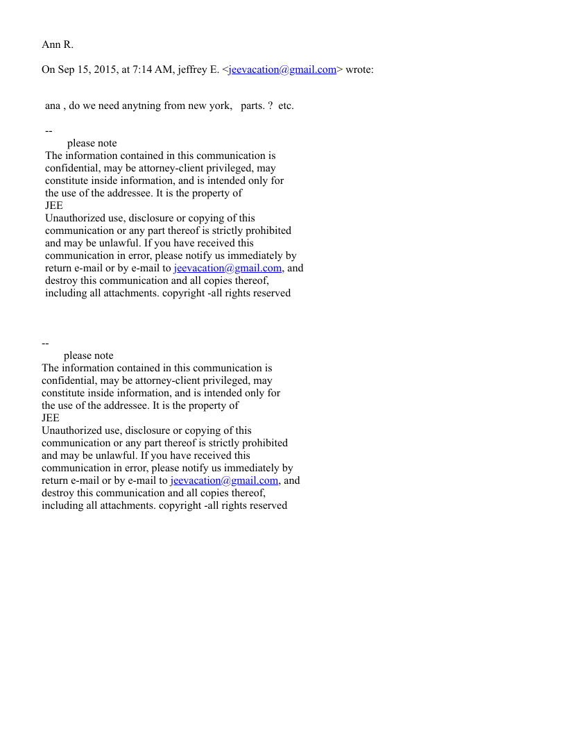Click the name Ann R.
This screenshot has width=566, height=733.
point(58,45)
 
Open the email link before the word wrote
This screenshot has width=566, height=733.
point(282,69)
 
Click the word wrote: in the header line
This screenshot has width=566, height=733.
point(360,69)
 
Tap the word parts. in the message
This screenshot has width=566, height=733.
point(252,106)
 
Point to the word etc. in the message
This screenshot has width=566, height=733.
point(286,106)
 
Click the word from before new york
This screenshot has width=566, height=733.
point(176,106)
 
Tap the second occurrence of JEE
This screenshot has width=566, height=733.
point(51,418)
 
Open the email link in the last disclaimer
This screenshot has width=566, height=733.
point(224,480)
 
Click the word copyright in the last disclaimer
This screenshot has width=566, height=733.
point(180,505)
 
